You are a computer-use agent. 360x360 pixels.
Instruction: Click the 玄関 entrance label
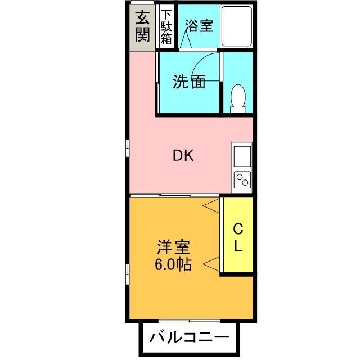click(143, 27)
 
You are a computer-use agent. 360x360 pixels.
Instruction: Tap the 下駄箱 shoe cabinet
click(166, 27)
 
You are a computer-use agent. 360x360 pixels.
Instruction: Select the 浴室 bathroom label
click(199, 26)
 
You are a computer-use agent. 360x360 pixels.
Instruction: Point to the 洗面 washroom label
click(188, 82)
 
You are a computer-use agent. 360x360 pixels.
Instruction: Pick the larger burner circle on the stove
click(245, 183)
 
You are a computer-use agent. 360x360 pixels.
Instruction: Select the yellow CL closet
click(238, 236)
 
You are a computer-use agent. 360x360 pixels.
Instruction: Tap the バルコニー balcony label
click(189, 339)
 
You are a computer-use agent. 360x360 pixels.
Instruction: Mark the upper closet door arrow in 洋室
click(212, 205)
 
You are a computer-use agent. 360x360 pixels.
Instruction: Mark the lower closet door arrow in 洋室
click(212, 263)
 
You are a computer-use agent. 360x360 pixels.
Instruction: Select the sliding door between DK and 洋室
click(177, 195)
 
